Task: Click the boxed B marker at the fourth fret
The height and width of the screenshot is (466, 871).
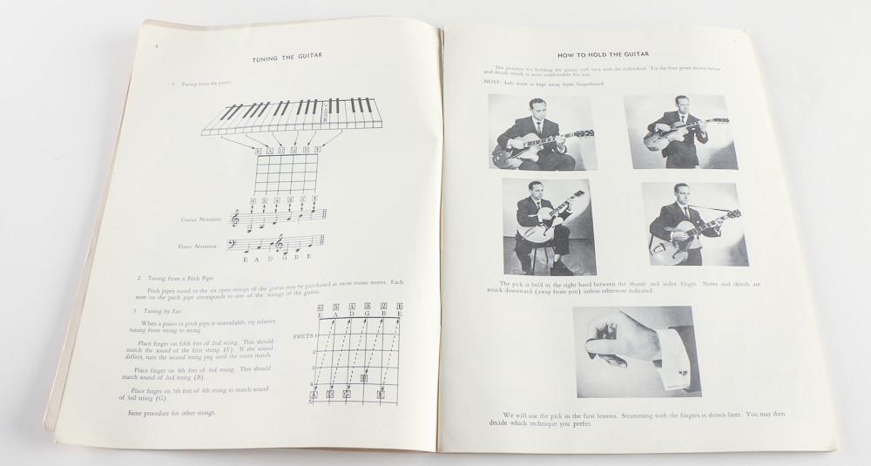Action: click(x=363, y=378)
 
